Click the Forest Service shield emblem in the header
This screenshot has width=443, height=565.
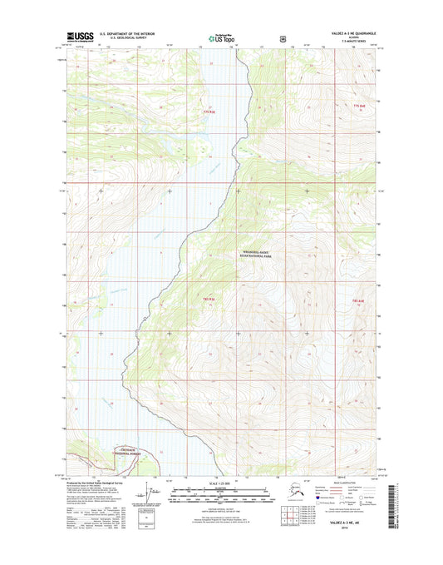click(283, 37)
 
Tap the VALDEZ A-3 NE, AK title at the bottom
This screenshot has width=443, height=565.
click(355, 538)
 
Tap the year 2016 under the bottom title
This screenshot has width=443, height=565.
click(355, 545)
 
